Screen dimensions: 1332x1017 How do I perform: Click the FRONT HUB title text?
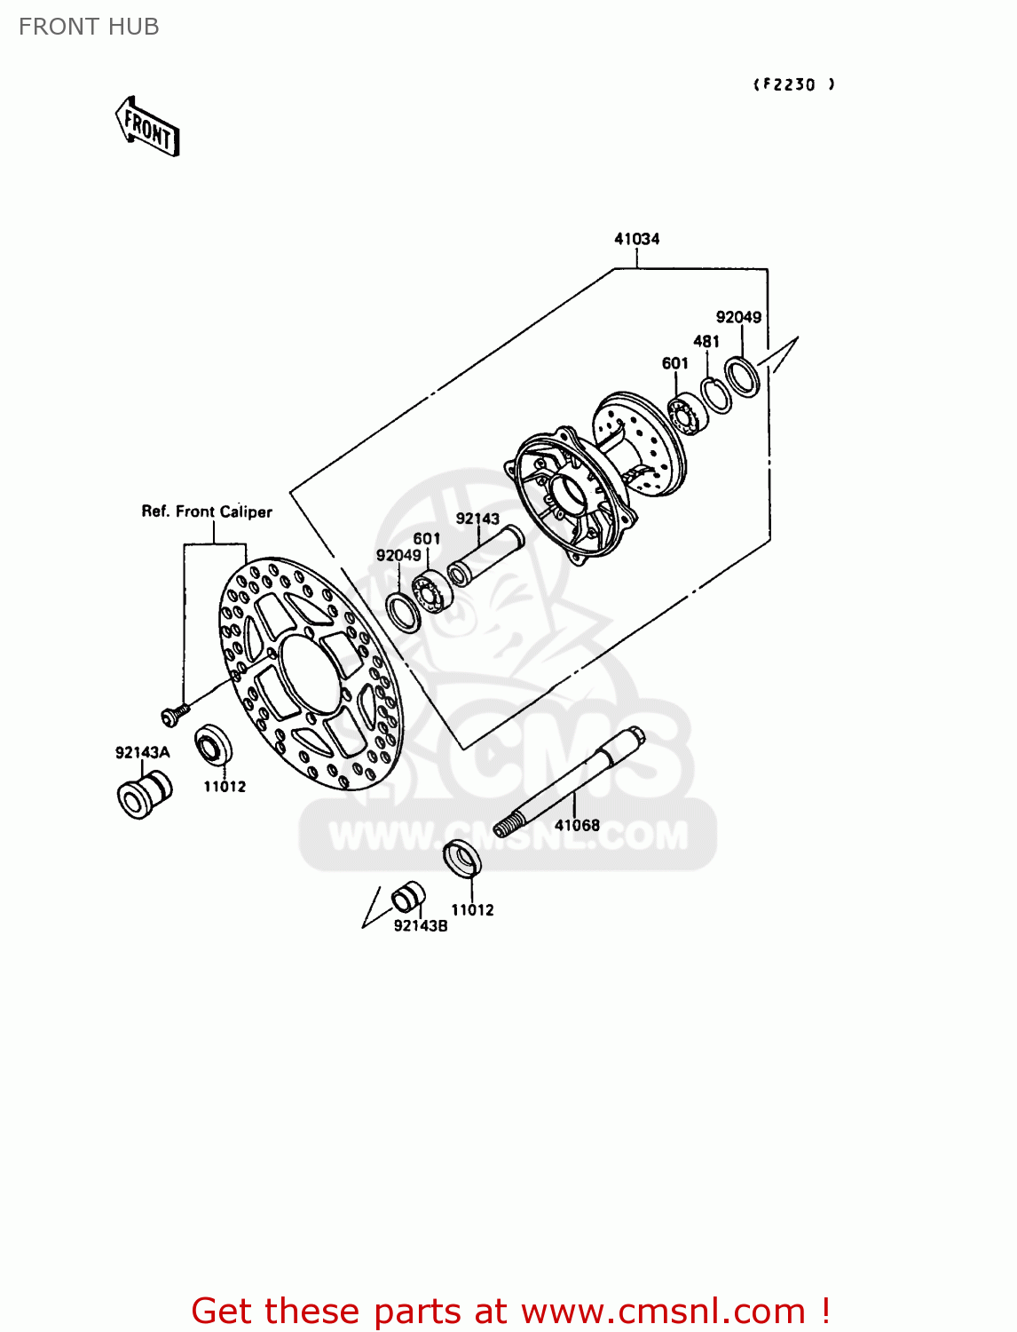coord(89,27)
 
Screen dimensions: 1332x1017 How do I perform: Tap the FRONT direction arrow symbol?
coord(148,128)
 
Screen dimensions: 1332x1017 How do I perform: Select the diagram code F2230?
coord(793,84)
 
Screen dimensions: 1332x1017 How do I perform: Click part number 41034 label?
coord(636,239)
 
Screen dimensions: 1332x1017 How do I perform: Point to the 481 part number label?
coord(706,341)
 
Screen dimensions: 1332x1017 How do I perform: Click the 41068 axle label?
coord(577,825)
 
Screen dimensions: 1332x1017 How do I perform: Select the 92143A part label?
coord(142,752)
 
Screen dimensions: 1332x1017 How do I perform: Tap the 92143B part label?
coord(421,925)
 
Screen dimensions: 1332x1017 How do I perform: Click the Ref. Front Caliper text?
coord(207,511)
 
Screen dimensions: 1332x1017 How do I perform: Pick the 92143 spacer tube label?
coord(477,519)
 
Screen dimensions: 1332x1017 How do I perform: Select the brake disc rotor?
coord(311,673)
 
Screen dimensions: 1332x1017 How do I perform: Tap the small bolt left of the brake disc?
coord(174,713)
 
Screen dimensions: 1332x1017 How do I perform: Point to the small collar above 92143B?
coord(408,896)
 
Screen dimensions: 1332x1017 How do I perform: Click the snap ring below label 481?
coord(715,395)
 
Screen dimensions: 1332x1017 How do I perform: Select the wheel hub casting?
coord(595,480)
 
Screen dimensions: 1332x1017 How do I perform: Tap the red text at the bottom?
coord(510,1311)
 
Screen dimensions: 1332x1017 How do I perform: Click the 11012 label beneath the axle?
coord(472,909)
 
